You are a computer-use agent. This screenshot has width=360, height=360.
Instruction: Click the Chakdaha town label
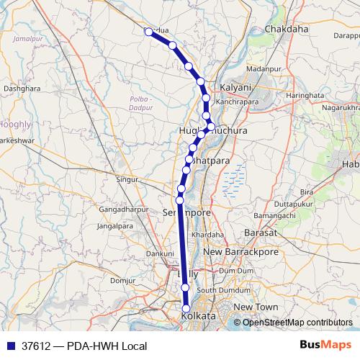pos(287,29)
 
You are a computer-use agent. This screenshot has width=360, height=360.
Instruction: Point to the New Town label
pos(256,307)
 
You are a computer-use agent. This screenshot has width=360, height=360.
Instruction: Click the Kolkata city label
pos(198,317)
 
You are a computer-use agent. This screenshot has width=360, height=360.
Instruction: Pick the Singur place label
pos(127,178)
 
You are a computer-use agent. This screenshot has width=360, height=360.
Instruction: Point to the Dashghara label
pos(22,88)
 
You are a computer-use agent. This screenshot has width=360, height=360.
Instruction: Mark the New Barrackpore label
pos(240,252)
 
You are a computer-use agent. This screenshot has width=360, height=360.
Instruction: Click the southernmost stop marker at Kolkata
pos(185,308)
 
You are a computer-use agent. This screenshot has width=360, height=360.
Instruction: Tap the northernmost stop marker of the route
pos(148,32)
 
